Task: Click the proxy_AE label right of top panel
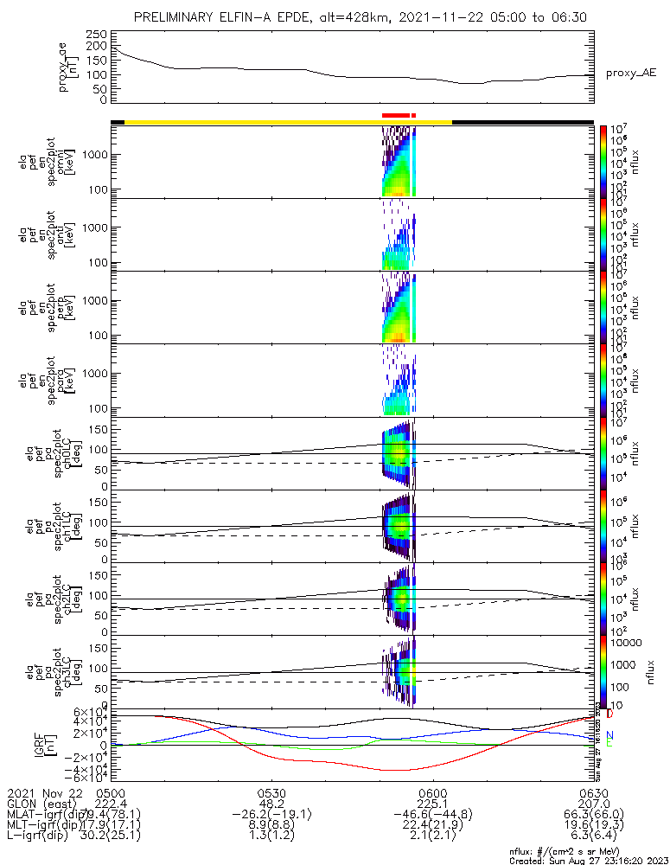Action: pos(631,74)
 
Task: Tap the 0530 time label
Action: pos(271,792)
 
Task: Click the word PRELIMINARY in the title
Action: pos(177,17)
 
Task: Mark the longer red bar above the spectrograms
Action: pos(395,114)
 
